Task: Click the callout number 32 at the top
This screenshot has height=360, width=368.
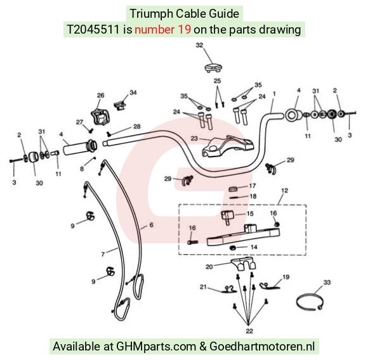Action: (199, 45)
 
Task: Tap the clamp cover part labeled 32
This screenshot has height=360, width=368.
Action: (213, 68)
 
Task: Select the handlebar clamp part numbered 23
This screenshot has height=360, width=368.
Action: (228, 146)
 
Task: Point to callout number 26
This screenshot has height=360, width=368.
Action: (101, 95)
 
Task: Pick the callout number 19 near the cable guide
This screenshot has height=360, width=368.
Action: (286, 277)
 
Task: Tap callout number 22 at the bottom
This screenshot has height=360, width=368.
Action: (249, 331)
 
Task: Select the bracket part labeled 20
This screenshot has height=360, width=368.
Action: (244, 263)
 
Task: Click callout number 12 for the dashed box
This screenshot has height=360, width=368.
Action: (284, 191)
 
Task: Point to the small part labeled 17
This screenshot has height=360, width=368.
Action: (233, 189)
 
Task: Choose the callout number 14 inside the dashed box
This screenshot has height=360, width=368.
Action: (254, 247)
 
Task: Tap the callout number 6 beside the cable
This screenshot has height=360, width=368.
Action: (152, 225)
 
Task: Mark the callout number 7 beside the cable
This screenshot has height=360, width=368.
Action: (103, 254)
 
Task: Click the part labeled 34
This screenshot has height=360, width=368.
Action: (120, 105)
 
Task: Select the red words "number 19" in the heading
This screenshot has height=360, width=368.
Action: (162, 30)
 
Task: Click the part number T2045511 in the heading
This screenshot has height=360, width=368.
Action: (93, 30)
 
